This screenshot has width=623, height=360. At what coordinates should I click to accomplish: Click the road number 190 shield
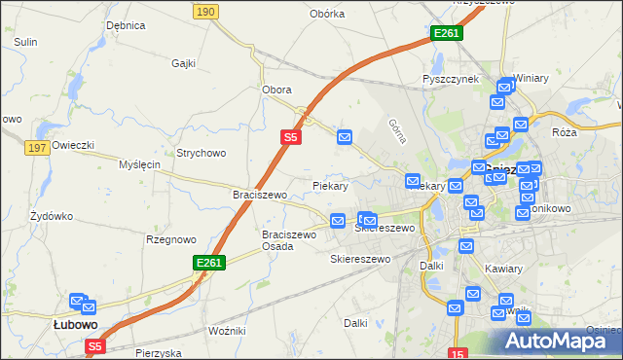(x=204, y=11)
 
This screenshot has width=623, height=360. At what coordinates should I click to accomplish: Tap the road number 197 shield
(x=38, y=147)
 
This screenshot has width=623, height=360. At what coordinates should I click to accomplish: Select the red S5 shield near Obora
(x=291, y=138)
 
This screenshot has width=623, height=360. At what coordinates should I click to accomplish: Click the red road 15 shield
(x=458, y=353)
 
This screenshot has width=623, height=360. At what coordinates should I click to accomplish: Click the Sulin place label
(x=25, y=42)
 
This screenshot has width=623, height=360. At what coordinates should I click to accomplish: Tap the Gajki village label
(x=184, y=64)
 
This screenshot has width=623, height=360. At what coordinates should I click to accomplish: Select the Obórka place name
(x=327, y=14)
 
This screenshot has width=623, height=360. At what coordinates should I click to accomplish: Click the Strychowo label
(x=201, y=153)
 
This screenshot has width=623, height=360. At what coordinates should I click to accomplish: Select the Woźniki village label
(x=227, y=332)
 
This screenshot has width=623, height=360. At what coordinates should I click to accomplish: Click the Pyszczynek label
(x=450, y=79)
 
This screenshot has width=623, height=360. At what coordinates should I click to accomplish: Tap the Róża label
(x=564, y=132)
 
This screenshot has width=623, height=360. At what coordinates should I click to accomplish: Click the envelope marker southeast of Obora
(x=345, y=138)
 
